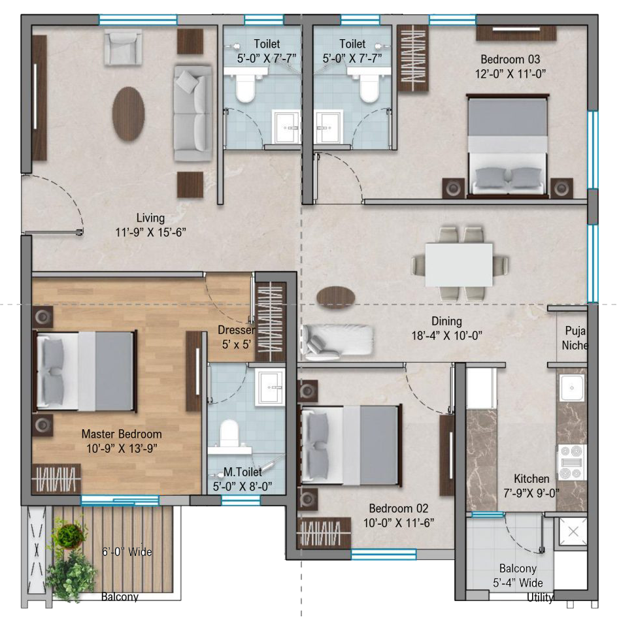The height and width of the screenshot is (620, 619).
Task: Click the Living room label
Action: [x=150, y=218]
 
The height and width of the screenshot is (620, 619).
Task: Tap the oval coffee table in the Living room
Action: [x=128, y=114]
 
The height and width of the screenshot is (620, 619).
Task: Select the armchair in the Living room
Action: [x=123, y=48]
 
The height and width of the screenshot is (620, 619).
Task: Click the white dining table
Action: [x=459, y=265]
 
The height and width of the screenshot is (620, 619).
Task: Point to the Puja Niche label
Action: [x=575, y=338]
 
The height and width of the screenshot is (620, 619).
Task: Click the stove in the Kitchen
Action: [x=572, y=463]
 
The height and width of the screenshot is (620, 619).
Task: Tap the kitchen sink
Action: [x=572, y=388]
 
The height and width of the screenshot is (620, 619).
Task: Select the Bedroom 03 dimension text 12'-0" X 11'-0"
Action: [x=510, y=74]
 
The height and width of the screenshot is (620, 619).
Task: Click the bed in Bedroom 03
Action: [x=508, y=146]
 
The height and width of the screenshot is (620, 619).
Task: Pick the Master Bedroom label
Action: [x=122, y=434]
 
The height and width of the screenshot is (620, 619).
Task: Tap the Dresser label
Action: [x=236, y=330]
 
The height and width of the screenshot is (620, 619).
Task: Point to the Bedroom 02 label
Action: [x=399, y=508]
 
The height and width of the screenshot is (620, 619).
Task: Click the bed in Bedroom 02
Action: [x=350, y=444]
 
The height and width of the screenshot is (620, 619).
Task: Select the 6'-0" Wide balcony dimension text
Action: [x=127, y=551]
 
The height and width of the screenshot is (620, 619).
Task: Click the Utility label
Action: [x=540, y=597]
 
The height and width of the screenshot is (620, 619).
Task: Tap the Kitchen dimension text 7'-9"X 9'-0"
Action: [x=531, y=493]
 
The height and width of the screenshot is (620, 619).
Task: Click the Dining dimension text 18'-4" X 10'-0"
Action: [x=446, y=336]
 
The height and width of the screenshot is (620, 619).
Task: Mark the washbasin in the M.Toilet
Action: [x=270, y=387]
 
